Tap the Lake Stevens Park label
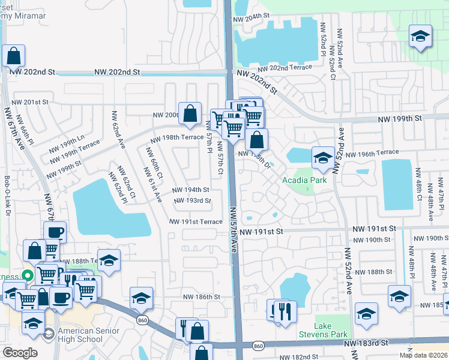coord(331,329)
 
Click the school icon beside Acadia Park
coord(323,158)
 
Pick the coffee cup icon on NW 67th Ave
coord(55,232)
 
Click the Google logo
coord(20,352)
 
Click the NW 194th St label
coord(190,190)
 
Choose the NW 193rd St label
coord(193,201)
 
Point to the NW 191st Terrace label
coord(196,221)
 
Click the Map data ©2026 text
coord(424,355)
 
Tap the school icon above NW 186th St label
coord(140,298)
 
